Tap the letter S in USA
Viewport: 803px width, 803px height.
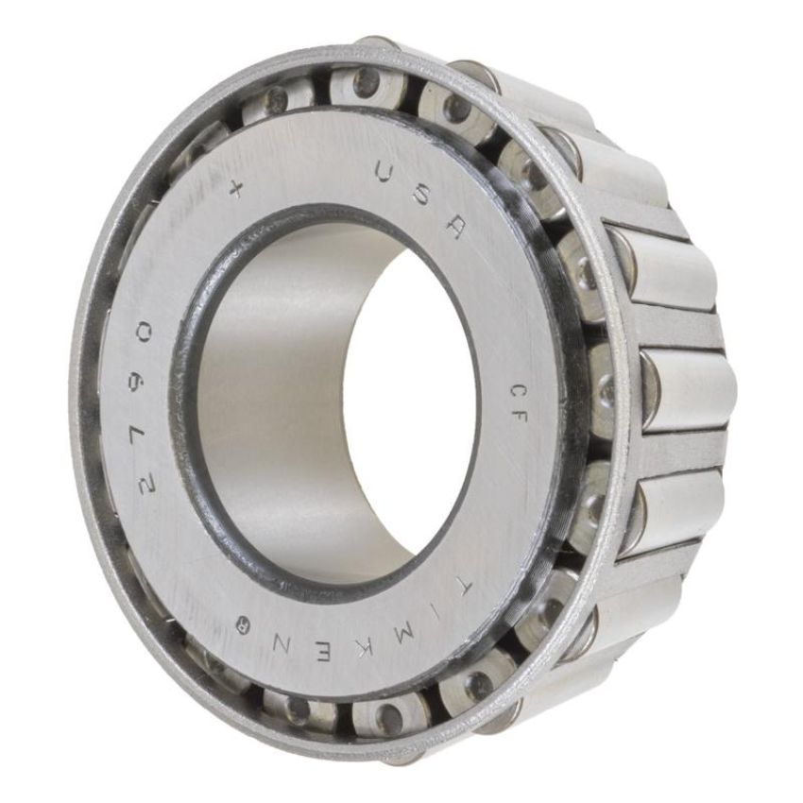pyautogui.click(x=424, y=196)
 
